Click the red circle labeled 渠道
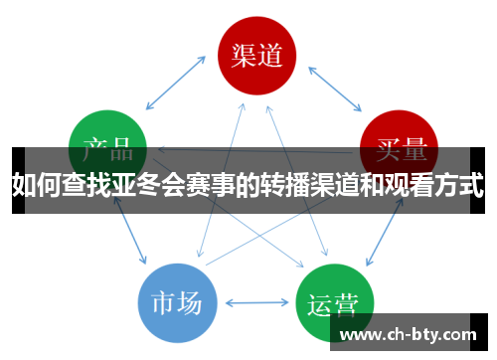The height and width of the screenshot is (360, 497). (x=257, y=56)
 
